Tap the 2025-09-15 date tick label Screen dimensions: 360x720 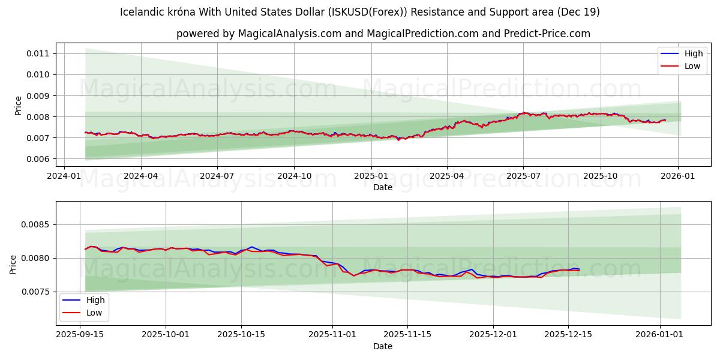click(80, 334)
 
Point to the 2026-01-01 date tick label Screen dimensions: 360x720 click(660, 334)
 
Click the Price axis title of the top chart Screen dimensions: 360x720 click(18, 105)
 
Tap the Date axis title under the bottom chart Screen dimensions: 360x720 click(383, 346)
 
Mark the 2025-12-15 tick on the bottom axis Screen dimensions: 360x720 click(568, 334)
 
